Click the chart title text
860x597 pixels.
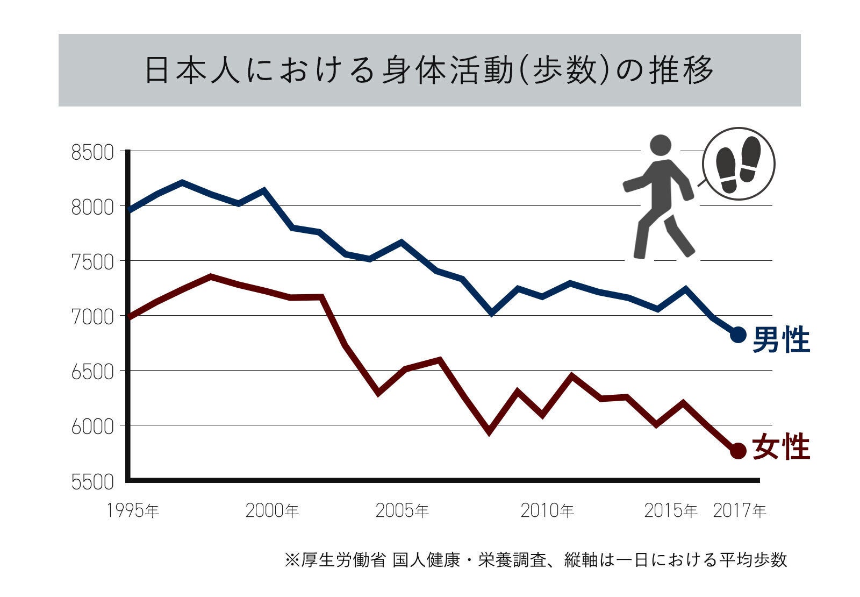tap(429, 70)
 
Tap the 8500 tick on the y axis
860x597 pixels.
tap(92, 153)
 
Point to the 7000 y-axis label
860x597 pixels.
tap(92, 317)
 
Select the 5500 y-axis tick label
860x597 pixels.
tap(92, 482)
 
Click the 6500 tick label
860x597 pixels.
tap(92, 372)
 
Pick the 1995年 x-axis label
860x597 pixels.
tap(133, 510)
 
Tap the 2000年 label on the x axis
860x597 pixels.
tap(271, 510)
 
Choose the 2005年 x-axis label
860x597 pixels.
tap(402, 510)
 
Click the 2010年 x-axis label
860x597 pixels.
tap(547, 510)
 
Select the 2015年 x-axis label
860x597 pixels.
tap(671, 510)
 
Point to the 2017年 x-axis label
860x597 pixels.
tap(740, 510)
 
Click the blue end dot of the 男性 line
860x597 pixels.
tap(738, 335)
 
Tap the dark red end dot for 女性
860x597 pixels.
tap(738, 451)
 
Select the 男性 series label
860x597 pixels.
tap(780, 340)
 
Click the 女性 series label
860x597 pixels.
tap(780, 447)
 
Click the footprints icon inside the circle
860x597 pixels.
tap(739, 164)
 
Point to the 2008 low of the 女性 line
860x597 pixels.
tap(489, 431)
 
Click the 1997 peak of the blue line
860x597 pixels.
tap(182, 183)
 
